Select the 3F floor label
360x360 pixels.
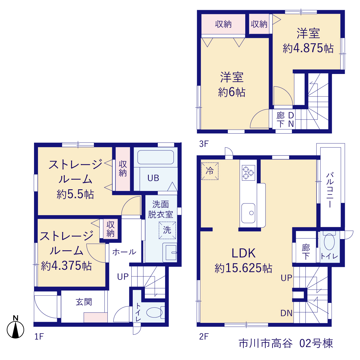tap(204, 144)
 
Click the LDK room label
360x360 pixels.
tap(244, 253)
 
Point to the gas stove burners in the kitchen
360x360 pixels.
tap(248, 173)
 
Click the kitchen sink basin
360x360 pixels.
tap(248, 213)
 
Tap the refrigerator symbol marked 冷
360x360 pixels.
tap(210, 171)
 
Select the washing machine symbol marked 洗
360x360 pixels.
tap(167, 230)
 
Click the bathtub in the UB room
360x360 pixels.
tap(156, 157)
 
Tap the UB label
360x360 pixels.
tap(153, 178)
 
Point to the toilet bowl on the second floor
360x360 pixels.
tap(329, 242)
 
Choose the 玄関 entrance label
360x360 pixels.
tap(84, 302)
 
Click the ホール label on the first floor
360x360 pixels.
tap(124, 252)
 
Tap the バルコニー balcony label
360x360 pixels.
tap(330, 190)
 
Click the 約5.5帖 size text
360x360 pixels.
tap(75, 194)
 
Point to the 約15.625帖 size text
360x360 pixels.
tap(244, 268)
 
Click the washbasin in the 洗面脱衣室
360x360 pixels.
tap(170, 253)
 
